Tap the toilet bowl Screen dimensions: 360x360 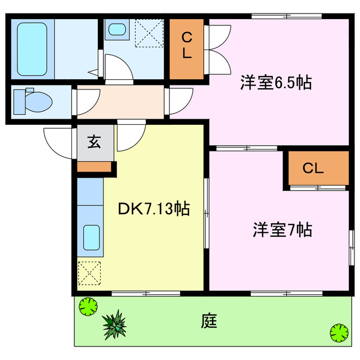click(37, 102)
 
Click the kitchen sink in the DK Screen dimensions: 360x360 click(91, 237)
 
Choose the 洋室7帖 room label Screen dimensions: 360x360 click(282, 230)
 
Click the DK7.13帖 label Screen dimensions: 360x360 click(153, 209)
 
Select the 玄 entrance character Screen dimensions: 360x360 click(94, 142)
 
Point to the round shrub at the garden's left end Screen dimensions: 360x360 click(88, 307)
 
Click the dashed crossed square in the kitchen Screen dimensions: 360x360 click(90, 274)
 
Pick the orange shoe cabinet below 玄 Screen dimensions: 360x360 click(94, 166)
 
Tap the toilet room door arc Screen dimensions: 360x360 click(83, 102)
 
